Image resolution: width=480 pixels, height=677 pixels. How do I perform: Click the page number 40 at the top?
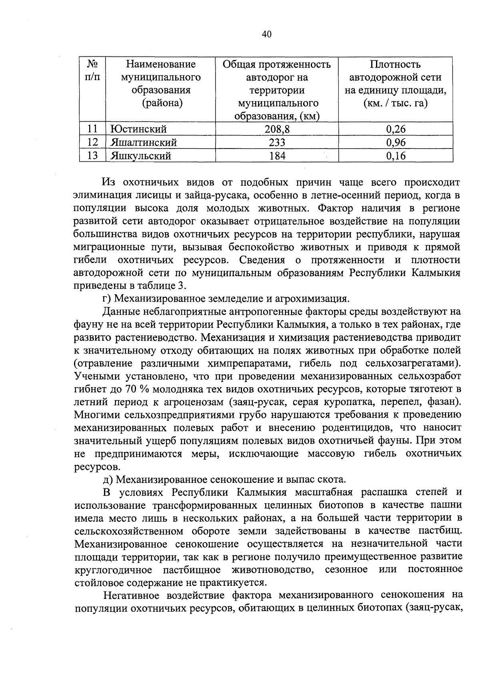pos(267,34)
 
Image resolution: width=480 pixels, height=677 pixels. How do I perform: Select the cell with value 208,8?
pos(277,129)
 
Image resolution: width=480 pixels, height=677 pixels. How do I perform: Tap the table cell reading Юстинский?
pos(138,129)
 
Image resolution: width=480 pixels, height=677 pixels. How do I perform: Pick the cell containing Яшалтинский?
pos(144,143)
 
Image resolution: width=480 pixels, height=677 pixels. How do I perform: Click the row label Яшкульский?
pos(141,156)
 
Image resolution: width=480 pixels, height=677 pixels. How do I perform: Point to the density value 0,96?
pos(396,143)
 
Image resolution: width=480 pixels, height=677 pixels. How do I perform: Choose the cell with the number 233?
pos(277,143)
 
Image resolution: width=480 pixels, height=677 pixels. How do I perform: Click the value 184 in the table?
pos(277,156)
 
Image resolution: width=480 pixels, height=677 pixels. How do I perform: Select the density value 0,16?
pos(396,156)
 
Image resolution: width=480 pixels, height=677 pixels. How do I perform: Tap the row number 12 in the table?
pos(92,143)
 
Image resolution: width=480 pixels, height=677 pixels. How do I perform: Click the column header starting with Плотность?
pos(395,64)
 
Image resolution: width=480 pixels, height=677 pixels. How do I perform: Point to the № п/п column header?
pos(92,70)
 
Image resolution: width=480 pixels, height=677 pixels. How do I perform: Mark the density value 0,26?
pos(396,129)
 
